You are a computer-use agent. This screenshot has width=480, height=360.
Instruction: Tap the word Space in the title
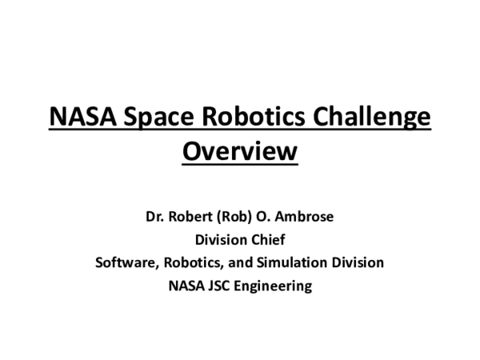tap(151, 117)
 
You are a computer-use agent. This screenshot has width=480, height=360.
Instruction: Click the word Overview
tap(240, 150)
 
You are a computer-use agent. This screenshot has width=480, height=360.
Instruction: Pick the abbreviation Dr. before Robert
tap(156, 216)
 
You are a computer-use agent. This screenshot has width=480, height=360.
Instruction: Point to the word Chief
tap(268, 239)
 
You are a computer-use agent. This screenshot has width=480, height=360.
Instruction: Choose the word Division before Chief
tap(222, 239)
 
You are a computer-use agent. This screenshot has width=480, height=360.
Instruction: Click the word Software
tap(125, 262)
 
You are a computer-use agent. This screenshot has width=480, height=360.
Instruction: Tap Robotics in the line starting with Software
tap(190, 262)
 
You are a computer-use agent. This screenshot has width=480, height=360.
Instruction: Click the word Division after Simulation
tap(357, 262)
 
